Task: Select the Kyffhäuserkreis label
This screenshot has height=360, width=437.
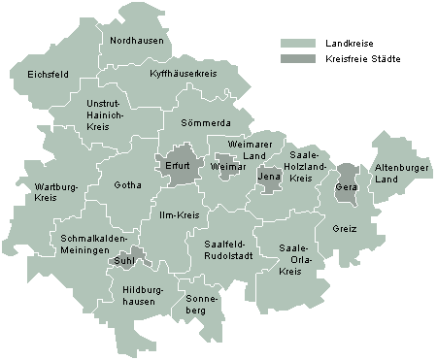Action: pos(184,74)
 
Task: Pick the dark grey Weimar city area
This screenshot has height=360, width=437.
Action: pos(224,165)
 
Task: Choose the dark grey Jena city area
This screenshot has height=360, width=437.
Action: pos(269,177)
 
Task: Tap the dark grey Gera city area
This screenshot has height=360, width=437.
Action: pos(346,183)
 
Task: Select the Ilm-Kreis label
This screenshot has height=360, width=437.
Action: pos(179,213)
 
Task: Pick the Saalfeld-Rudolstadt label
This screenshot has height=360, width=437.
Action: pos(228,249)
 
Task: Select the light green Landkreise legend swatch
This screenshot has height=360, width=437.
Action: pos(298,44)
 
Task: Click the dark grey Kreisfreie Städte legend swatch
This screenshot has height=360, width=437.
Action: pos(298,59)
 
